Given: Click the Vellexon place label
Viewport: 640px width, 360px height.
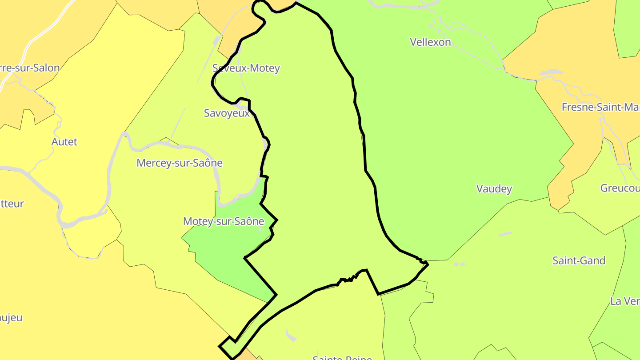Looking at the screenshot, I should (x=430, y=42).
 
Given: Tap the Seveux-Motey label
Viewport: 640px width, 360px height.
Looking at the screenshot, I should (x=246, y=68).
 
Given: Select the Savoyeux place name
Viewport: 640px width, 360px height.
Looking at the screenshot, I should (x=227, y=113).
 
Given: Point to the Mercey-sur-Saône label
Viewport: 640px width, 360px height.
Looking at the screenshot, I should (x=180, y=163).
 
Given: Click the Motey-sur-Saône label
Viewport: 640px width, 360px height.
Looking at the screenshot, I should (x=224, y=221).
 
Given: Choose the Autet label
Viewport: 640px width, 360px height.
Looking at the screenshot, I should (x=64, y=142).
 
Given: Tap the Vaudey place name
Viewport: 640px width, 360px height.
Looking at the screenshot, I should (x=494, y=188).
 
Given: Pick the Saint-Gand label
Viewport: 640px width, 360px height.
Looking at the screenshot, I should (x=579, y=260).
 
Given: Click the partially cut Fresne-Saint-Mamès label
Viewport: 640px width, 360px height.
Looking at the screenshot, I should (x=600, y=107).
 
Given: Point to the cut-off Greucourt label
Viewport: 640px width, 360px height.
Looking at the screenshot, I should (x=620, y=188).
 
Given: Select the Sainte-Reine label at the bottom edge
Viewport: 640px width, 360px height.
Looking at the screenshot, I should (x=342, y=357).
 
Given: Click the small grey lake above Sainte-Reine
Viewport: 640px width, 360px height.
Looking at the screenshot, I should (x=291, y=336).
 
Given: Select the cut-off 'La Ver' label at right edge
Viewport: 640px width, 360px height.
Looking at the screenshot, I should (x=625, y=301).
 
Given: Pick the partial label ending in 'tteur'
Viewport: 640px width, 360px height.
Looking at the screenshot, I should (x=12, y=204).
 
